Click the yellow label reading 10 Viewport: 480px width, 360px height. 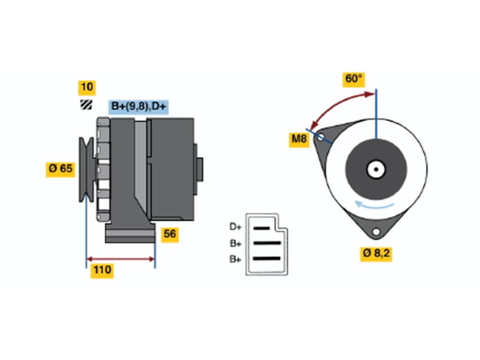tap(87, 88)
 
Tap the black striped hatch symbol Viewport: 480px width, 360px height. tap(86, 105)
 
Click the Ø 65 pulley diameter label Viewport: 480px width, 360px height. tap(60, 169)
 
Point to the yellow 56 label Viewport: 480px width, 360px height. tap(170, 235)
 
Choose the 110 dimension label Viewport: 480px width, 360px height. tap(102, 271)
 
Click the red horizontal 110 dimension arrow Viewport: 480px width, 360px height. tap(121, 259)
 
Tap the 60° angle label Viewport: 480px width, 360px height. tap(354, 79)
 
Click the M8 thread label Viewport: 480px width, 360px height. tap(299, 139)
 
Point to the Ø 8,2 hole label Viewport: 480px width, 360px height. tap(376, 254)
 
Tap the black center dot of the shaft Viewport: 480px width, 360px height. tap(376, 169)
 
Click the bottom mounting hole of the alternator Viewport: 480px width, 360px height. tap(376, 231)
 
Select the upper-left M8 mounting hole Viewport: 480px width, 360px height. tap(320, 137)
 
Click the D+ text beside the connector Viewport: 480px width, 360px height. tap(235, 227)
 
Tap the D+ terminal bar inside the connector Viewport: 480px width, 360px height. tap(261, 228)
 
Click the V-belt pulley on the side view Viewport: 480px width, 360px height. tap(87, 169)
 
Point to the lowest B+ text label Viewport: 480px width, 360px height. tap(235, 259)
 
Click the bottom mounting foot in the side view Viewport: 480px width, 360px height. tap(130, 233)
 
